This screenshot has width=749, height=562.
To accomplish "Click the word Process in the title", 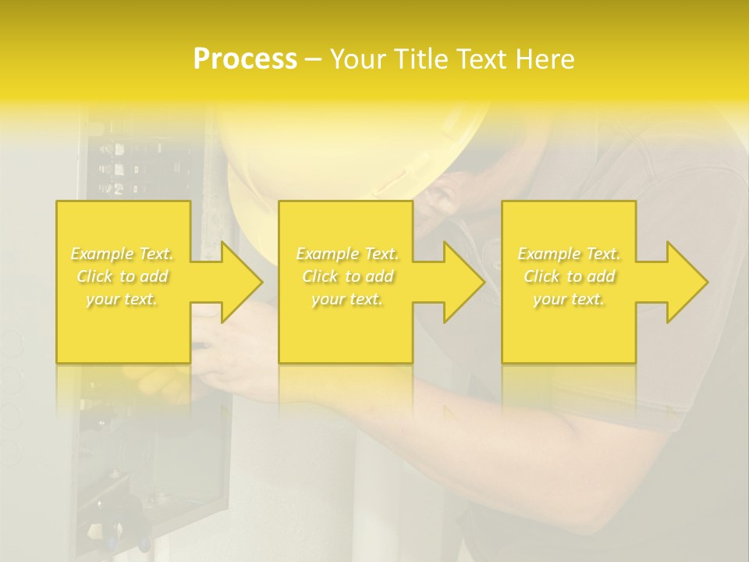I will point(245,59).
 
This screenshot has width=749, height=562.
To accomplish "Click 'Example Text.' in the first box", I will point(122,254).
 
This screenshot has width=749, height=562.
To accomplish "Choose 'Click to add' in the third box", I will point(569,276).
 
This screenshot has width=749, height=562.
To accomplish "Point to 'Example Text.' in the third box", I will point(569,254).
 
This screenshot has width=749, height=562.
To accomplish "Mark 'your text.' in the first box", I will point(122,299).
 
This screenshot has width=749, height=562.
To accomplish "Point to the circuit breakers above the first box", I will point(129,168).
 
